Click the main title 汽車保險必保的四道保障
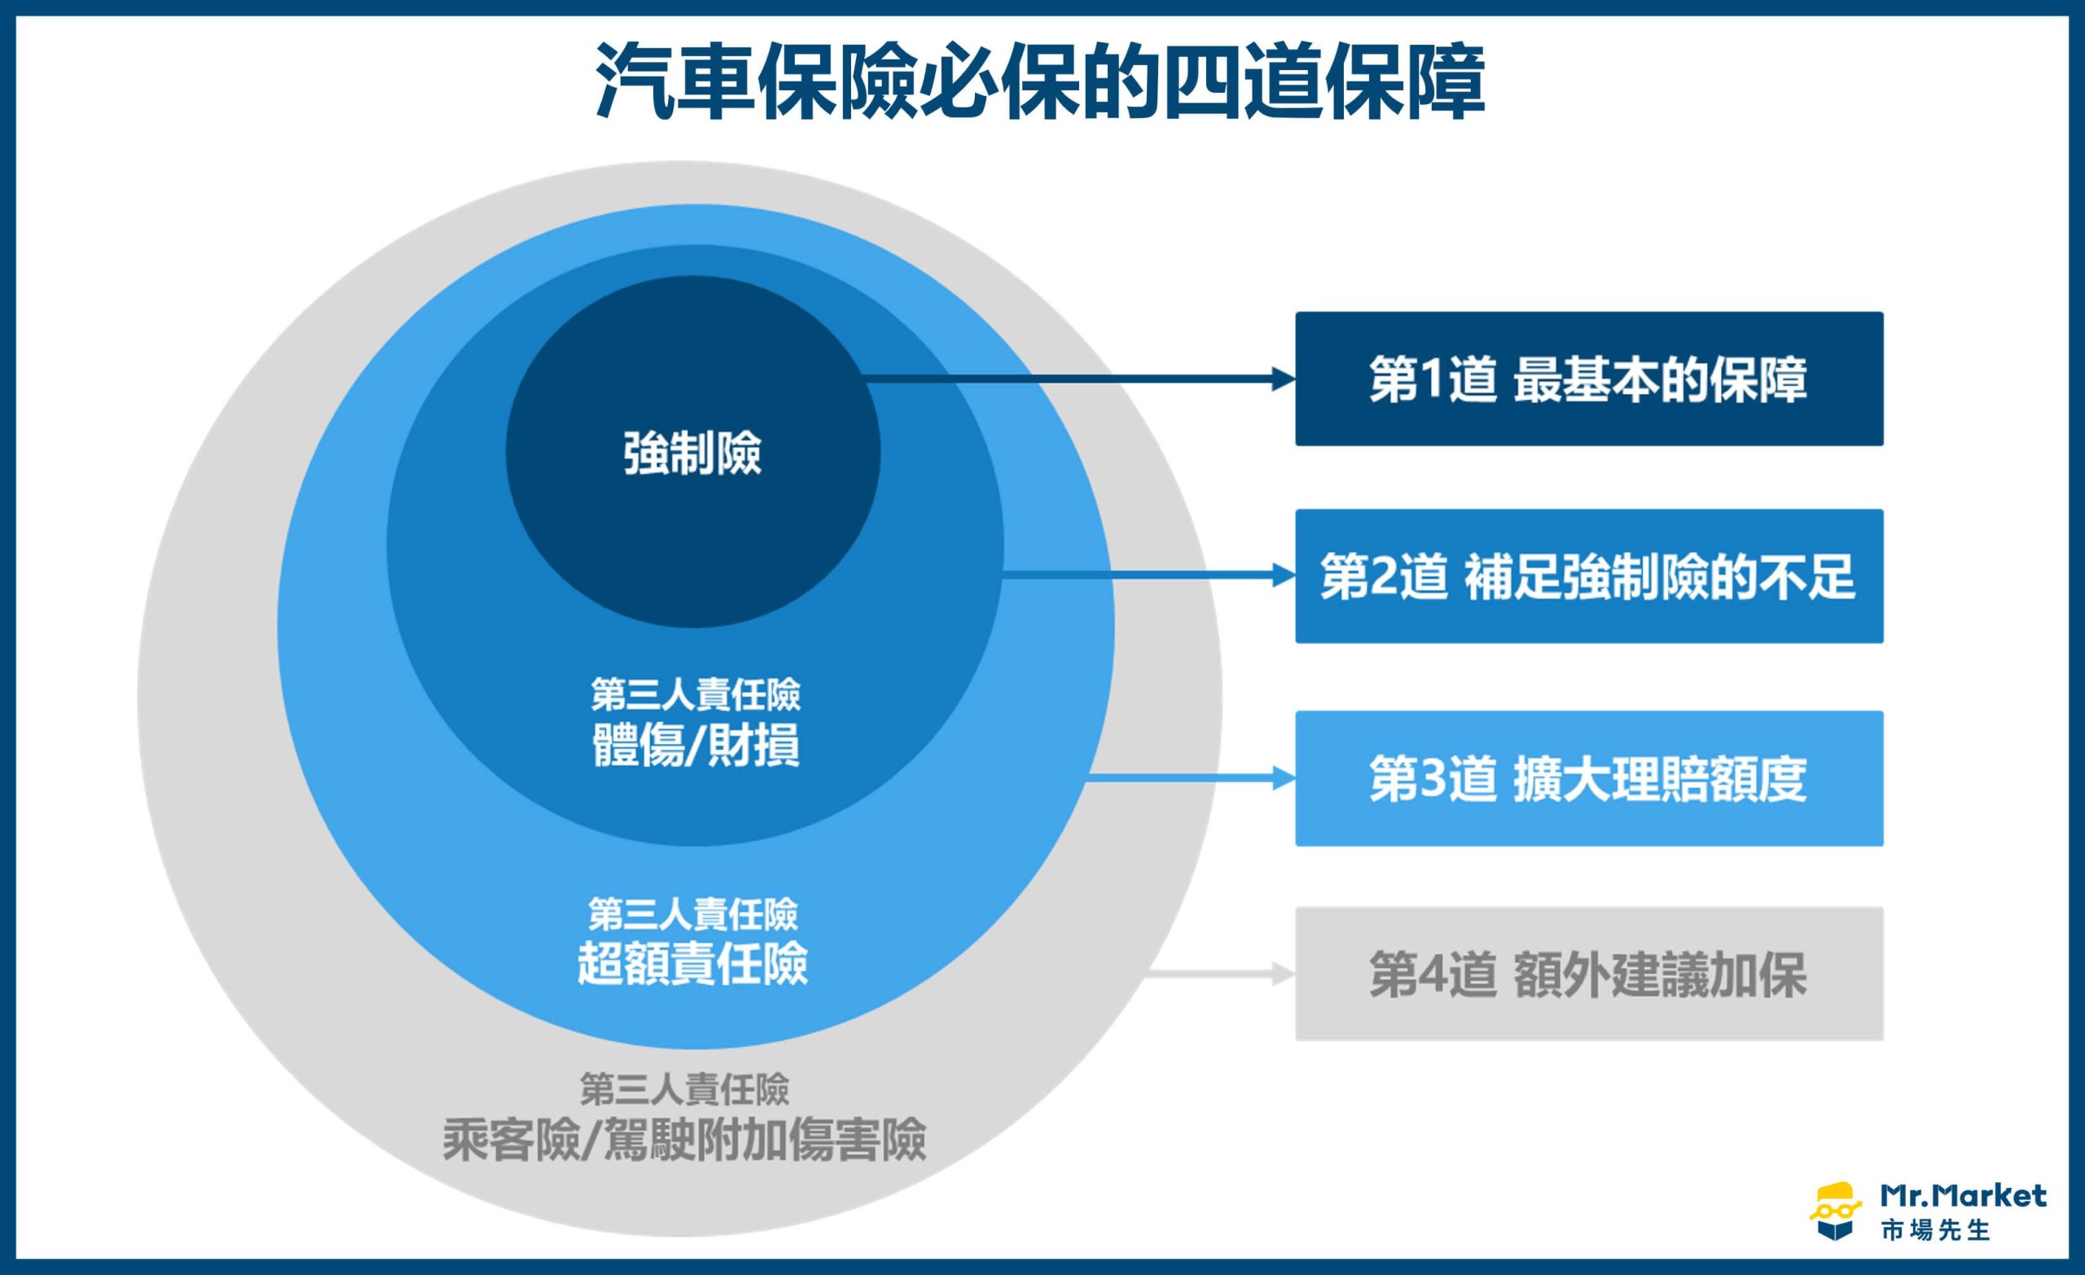pyautogui.click(x=1040, y=82)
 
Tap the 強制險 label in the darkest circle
pyautogui.click(x=692, y=453)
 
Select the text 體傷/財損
pyautogui.click(x=696, y=745)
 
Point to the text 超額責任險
pyautogui.click(x=692, y=963)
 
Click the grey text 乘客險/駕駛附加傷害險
pyautogui.click(x=683, y=1140)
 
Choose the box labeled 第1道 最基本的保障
pyautogui.click(x=1589, y=379)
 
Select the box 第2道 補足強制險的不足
pyautogui.click(x=1589, y=576)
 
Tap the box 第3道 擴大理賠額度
pyautogui.click(x=1589, y=778)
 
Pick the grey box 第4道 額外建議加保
pyautogui.click(x=1589, y=974)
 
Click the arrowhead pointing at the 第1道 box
pyautogui.click(x=1284, y=380)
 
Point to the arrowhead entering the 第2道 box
pyautogui.click(x=1284, y=576)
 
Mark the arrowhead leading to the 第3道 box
pyautogui.click(x=1284, y=778)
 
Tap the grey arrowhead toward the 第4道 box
pyautogui.click(x=1284, y=975)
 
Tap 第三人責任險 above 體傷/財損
pyautogui.click(x=696, y=695)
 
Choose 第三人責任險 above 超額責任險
pyautogui.click(x=693, y=914)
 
